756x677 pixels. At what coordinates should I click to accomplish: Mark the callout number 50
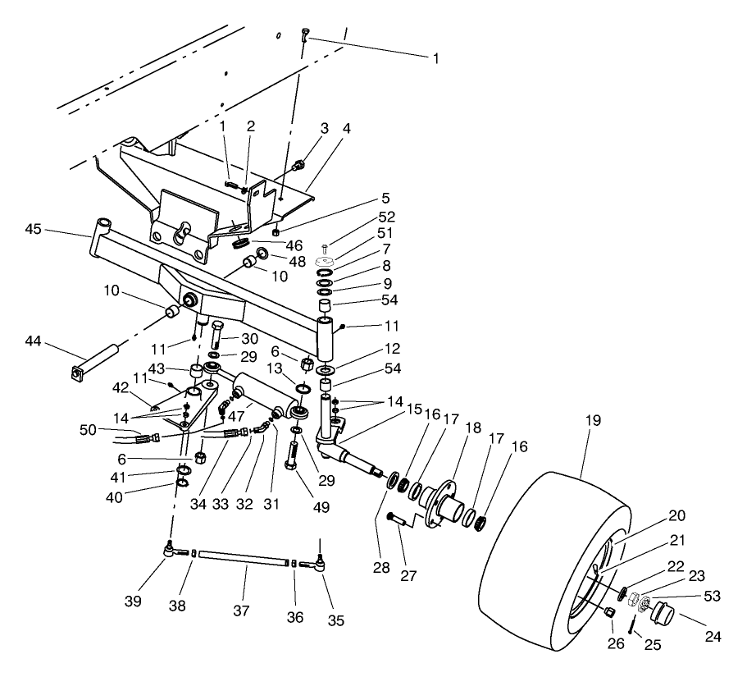pyautogui.click(x=87, y=429)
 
